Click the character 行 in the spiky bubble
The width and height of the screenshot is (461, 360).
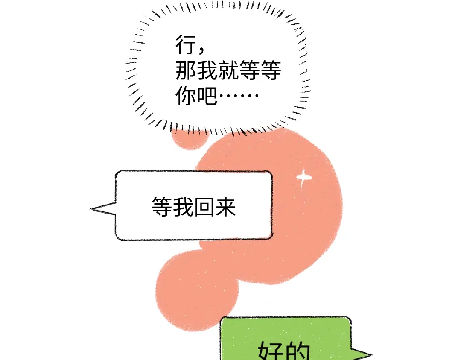pos(186,45)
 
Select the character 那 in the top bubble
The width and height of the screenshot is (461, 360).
pos(186,70)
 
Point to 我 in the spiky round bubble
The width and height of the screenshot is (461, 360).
pos(207,70)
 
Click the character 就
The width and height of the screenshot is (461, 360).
pos(228,70)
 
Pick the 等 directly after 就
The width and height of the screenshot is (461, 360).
pos(249,70)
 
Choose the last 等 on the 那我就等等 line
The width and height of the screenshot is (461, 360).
pos(271,70)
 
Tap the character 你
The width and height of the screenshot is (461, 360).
pos(186,96)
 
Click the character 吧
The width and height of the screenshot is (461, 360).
pos(207,96)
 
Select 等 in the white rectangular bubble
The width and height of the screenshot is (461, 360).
pos(162,207)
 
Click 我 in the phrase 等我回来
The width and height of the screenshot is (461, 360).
pos(183,207)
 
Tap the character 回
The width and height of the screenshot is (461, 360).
pos(204,207)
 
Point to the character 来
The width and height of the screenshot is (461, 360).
pos(225,207)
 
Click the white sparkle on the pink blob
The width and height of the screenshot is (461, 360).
pos(303,177)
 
